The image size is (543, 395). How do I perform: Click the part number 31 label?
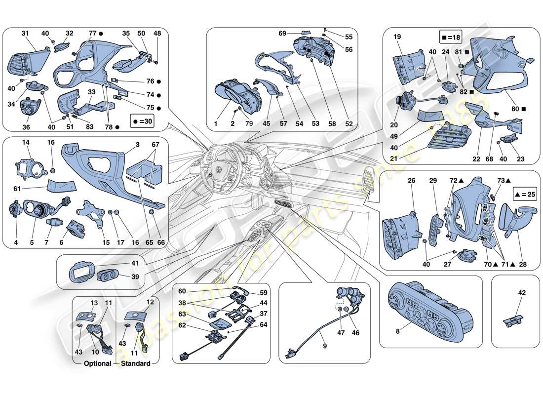point(25,34)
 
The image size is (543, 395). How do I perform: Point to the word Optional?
point(98,364)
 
